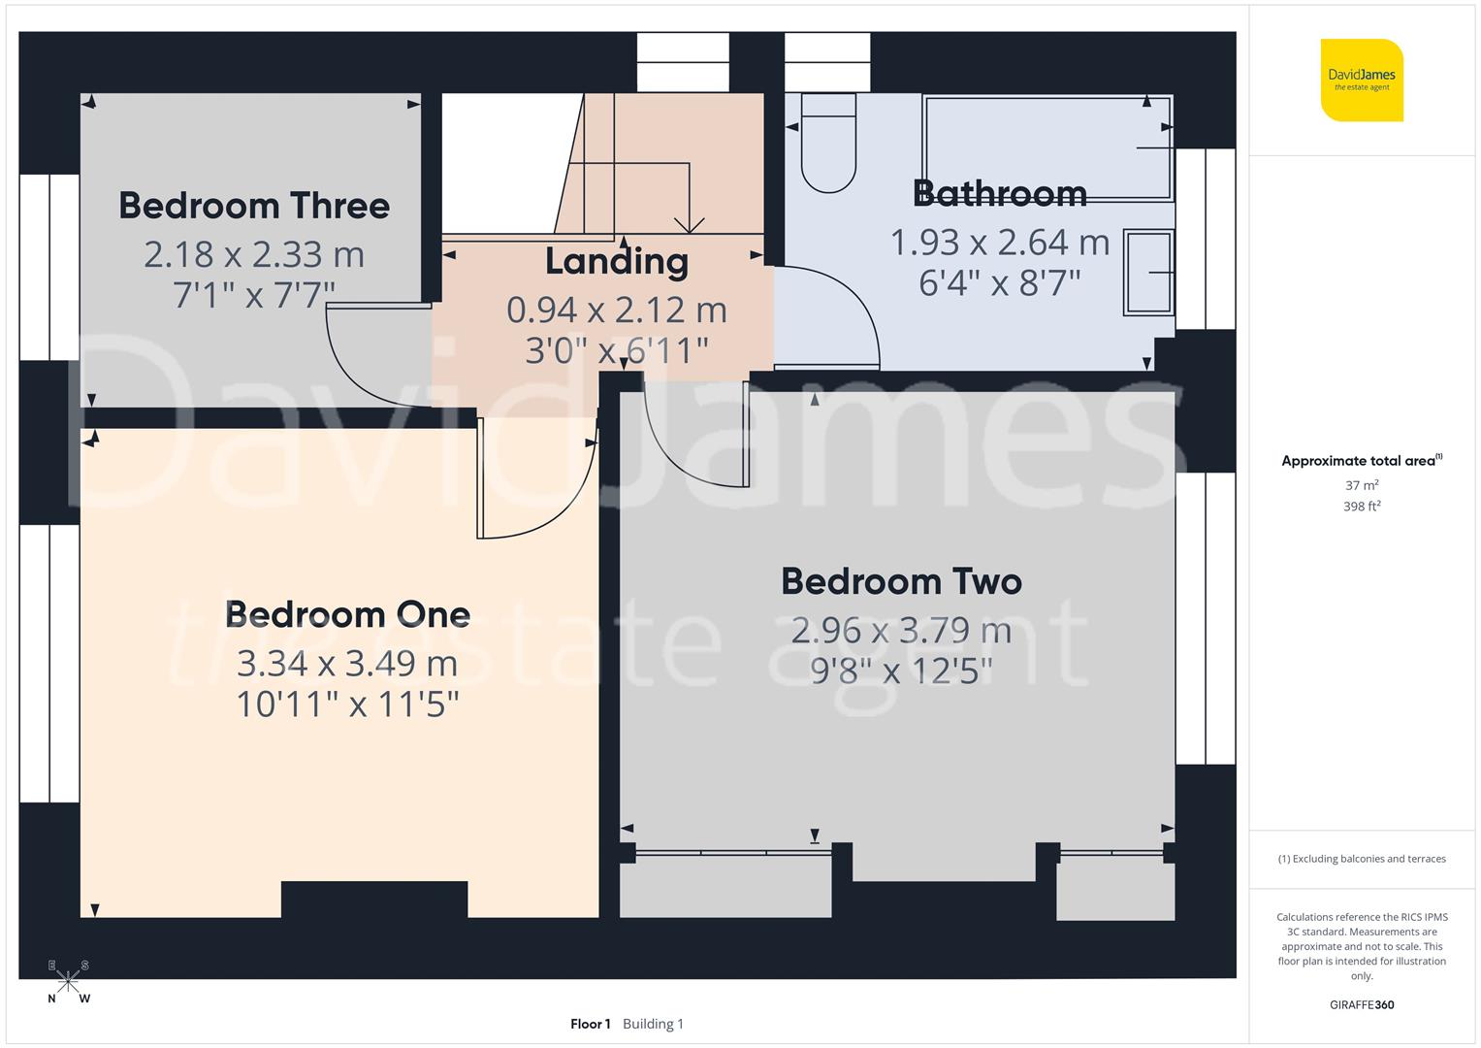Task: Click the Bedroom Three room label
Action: (x=254, y=206)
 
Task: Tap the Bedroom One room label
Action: (x=347, y=614)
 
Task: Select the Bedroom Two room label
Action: (x=901, y=581)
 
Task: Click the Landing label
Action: (x=617, y=261)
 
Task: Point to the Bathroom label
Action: (x=999, y=193)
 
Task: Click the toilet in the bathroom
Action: (x=828, y=146)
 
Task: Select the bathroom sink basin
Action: (x=1148, y=273)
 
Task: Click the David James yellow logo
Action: (x=1362, y=80)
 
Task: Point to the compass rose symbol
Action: (x=68, y=982)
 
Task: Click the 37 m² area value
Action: (x=1362, y=485)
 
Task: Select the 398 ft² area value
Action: (x=1362, y=507)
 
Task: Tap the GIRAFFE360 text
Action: (x=1362, y=1005)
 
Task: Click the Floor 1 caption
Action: (x=590, y=1024)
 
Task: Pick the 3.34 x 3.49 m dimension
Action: (x=347, y=664)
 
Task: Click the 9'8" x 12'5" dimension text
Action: (x=901, y=671)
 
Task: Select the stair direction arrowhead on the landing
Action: (x=689, y=225)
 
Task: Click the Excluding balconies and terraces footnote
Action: (x=1362, y=859)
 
